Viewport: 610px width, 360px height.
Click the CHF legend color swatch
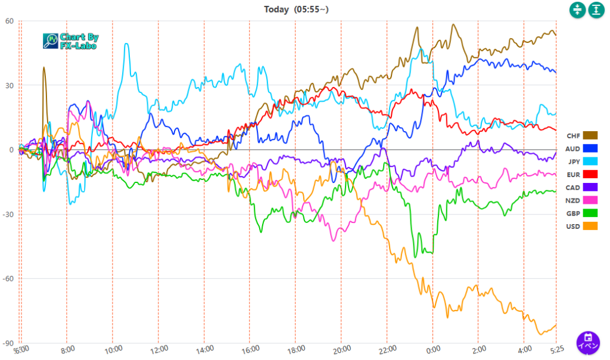coord(590,135)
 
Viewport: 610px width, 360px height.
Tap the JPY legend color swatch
coord(590,162)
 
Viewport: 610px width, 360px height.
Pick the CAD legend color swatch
coord(590,187)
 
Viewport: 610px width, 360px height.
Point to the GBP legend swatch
coord(590,213)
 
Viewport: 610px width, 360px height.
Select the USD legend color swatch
coord(590,226)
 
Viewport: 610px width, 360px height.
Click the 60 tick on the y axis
coord(9,21)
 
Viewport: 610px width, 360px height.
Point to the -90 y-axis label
coord(8,343)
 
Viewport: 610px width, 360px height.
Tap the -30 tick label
coord(8,215)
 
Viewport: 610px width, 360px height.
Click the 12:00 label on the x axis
coord(159,349)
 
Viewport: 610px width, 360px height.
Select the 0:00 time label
coord(433,349)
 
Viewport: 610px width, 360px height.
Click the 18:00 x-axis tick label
coord(296,349)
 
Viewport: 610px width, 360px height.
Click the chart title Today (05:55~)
coord(296,9)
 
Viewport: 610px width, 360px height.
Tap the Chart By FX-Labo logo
coord(71,41)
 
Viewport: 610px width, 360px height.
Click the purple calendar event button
coord(587,343)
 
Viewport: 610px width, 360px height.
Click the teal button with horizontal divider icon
coord(577,10)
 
